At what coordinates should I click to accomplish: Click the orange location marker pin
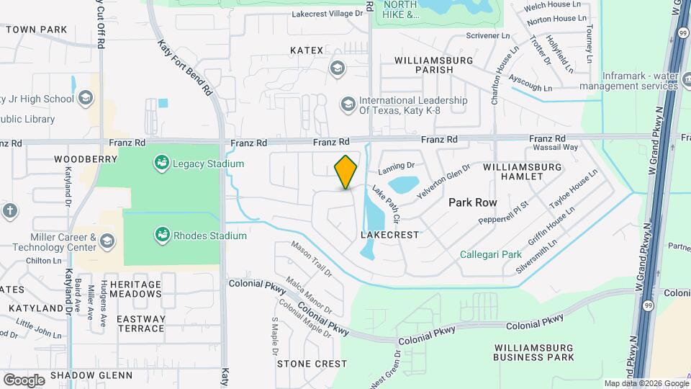pyautogui.click(x=346, y=171)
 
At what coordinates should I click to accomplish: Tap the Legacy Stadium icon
pyautogui.click(x=162, y=164)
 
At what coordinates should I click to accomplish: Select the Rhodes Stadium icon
pyautogui.click(x=162, y=235)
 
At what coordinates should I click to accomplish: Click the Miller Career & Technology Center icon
pyautogui.click(x=107, y=240)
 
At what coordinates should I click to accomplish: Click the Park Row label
pyautogui.click(x=473, y=202)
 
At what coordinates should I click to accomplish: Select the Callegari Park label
pyautogui.click(x=490, y=254)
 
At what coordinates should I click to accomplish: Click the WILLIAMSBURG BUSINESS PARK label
pyautogui.click(x=533, y=352)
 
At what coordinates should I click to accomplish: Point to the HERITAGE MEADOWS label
pyautogui.click(x=136, y=289)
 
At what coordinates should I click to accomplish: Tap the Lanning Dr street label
pyautogui.click(x=397, y=169)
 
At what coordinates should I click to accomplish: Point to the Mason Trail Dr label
pyautogui.click(x=311, y=259)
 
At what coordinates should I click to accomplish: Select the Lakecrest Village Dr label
pyautogui.click(x=328, y=14)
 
